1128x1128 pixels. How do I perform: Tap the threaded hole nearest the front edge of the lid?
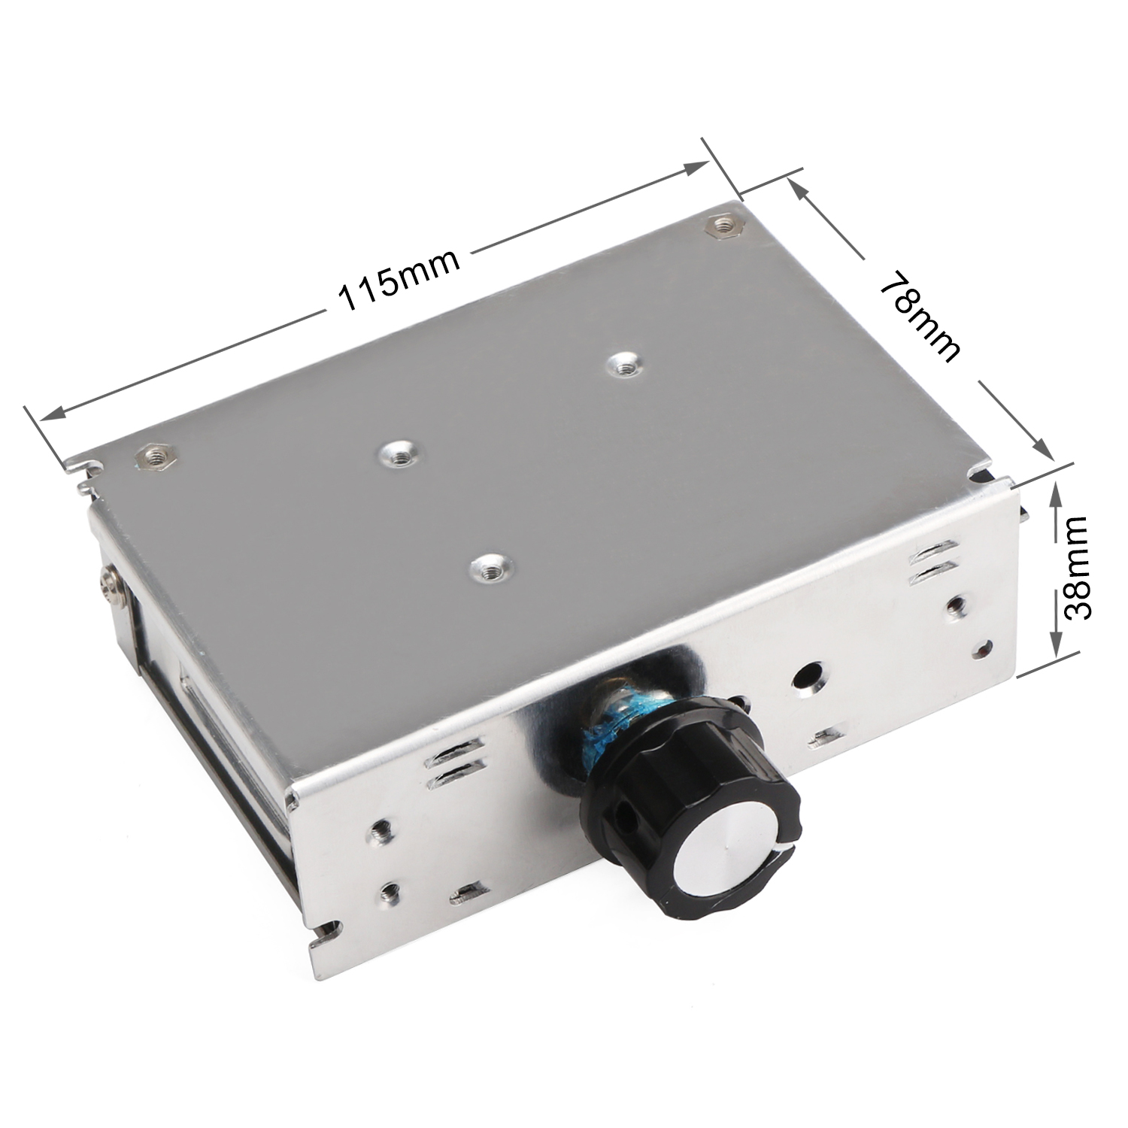pos(490,564)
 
